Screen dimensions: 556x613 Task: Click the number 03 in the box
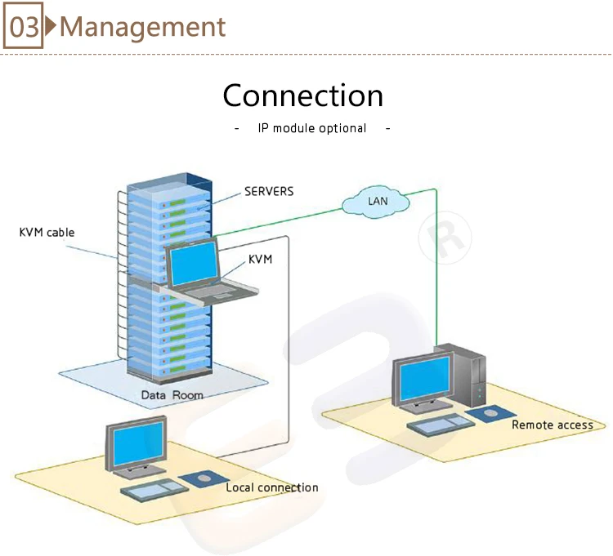(23, 28)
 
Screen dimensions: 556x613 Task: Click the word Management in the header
(142, 27)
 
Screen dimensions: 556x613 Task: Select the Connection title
(303, 96)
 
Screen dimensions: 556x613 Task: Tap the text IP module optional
(312, 128)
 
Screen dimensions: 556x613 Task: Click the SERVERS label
(269, 192)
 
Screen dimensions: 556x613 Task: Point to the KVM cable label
(47, 233)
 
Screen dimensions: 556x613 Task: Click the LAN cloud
(378, 200)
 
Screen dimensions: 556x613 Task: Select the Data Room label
(172, 395)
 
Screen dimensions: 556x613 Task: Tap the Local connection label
(272, 487)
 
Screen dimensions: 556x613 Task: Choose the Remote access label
(553, 425)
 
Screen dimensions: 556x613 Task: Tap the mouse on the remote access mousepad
(490, 413)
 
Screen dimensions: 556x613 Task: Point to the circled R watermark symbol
(445, 237)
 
